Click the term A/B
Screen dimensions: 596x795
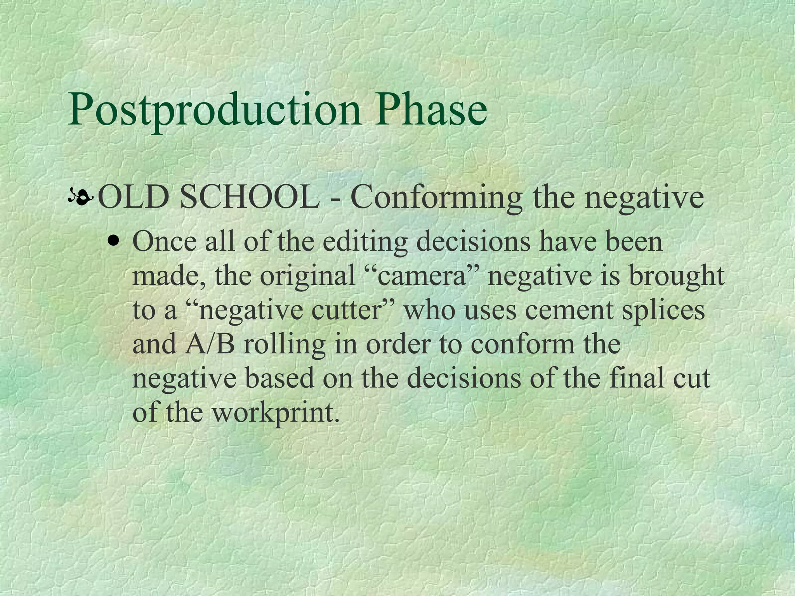[210, 344]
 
